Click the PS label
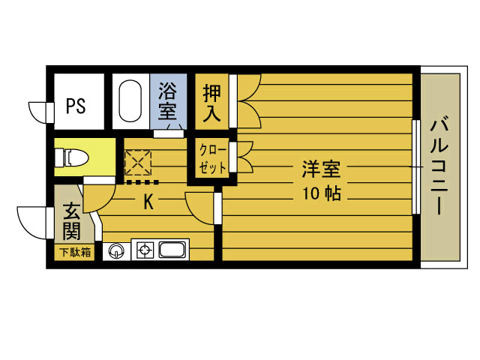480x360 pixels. [75, 106]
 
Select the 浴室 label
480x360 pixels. [167, 103]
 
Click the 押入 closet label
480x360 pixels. [211, 103]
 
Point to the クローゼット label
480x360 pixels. [212, 158]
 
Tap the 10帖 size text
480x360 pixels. [322, 193]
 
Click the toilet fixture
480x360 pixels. [74, 158]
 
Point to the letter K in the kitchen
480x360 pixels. [148, 201]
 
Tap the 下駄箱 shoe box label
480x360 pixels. [75, 252]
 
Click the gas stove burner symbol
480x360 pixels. [145, 250]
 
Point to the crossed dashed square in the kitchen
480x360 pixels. [137, 163]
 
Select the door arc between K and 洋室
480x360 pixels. [199, 206]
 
